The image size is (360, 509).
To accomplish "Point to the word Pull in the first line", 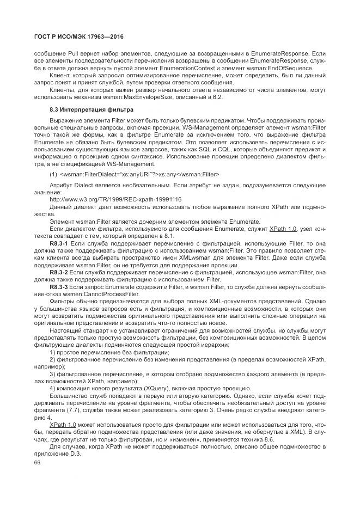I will coord(74,53).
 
